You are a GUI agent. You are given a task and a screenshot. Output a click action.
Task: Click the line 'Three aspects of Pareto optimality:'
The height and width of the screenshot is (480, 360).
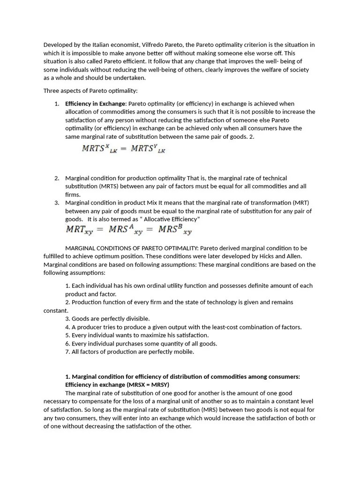tap(90, 90)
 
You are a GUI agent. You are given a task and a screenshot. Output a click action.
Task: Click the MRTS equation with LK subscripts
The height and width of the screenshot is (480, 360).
tap(123, 149)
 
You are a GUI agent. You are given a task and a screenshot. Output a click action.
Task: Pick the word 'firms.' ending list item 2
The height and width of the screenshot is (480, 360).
tap(73, 195)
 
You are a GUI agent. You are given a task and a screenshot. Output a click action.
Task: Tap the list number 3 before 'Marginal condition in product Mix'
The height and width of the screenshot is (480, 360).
tap(56, 202)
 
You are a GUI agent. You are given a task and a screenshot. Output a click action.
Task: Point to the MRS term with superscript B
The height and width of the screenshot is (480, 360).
tap(175, 230)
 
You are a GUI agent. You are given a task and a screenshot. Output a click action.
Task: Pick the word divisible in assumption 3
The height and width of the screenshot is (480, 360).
tap(135, 319)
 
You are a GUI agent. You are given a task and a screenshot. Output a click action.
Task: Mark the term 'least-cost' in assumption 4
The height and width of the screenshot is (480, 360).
tap(226, 327)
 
